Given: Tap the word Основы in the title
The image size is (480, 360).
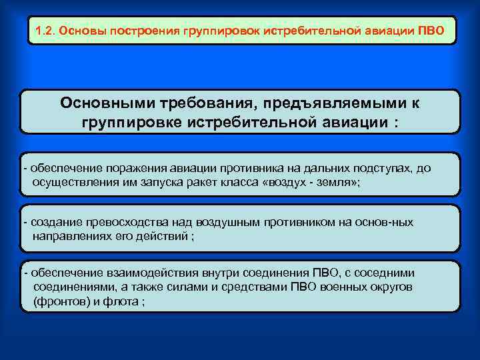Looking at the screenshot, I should point(82,31).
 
